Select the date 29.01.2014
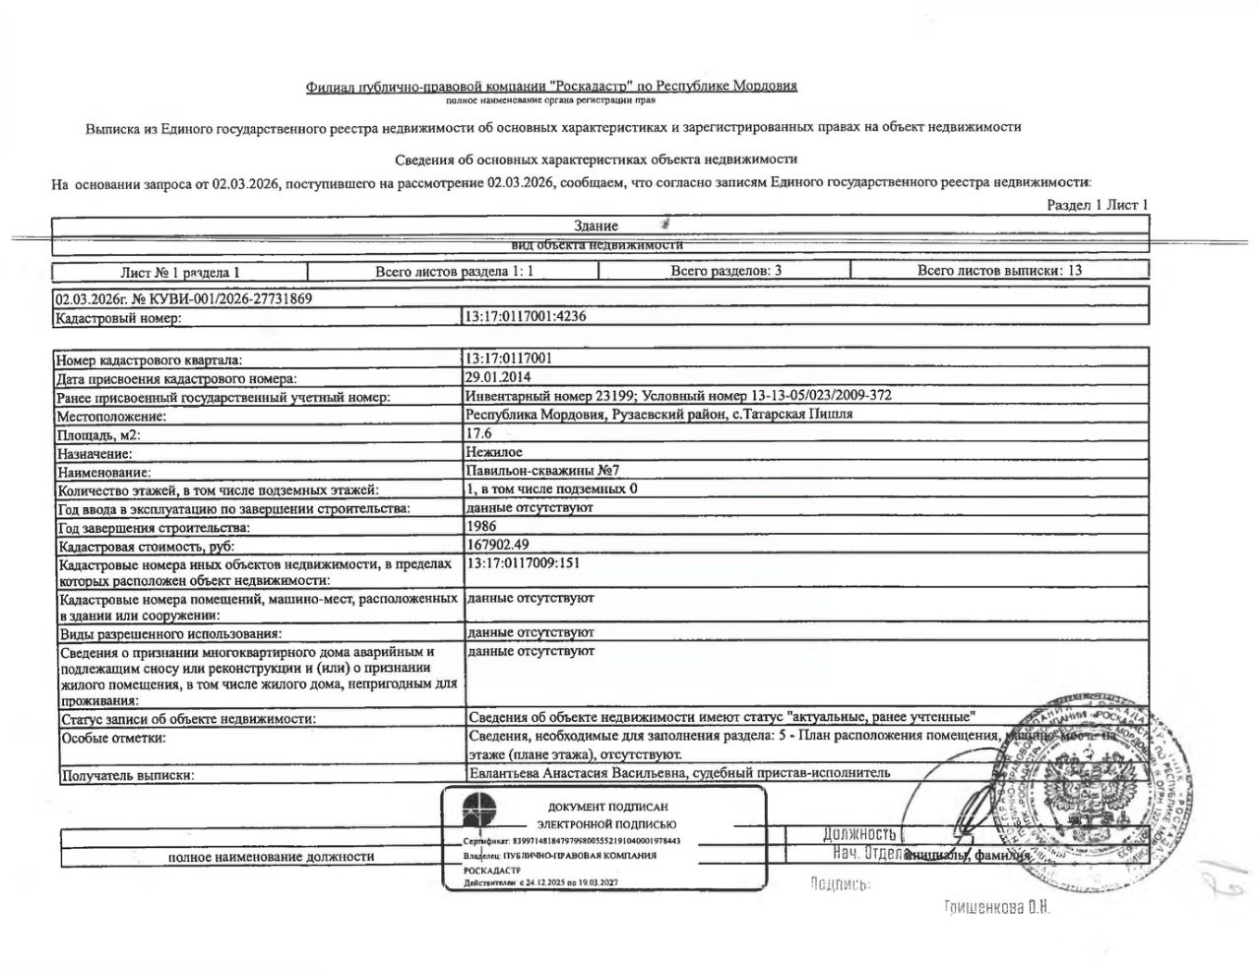pyautogui.click(x=497, y=377)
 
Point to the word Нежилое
pyautogui.click(x=494, y=452)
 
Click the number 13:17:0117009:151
pyautogui.click(x=522, y=564)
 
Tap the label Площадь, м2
pyautogui.click(x=99, y=434)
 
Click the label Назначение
pyautogui.click(x=95, y=453)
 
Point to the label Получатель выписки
pyautogui.click(x=127, y=775)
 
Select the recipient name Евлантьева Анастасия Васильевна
pyautogui.click(x=575, y=772)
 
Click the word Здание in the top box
pyautogui.click(x=596, y=226)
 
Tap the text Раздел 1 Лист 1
pyautogui.click(x=1098, y=205)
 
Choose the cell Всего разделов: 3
pyautogui.click(x=725, y=270)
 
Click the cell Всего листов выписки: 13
pyautogui.click(x=999, y=270)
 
